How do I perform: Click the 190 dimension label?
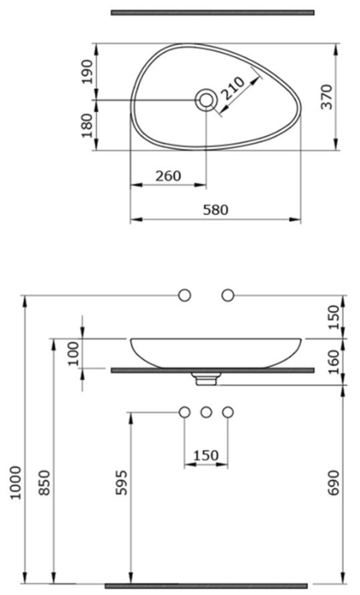(87, 71)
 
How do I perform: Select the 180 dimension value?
(87, 125)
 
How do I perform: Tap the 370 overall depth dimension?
(327, 97)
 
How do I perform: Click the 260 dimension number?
(168, 176)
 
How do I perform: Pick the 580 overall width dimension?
(215, 209)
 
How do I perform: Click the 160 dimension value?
(334, 362)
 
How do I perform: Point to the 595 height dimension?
(121, 483)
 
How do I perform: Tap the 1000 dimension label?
(16, 483)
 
